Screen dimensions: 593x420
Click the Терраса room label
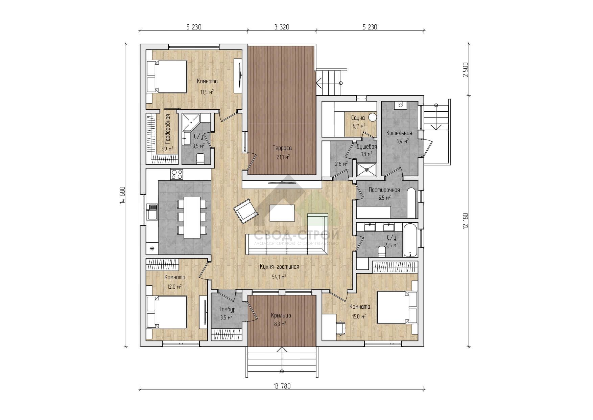coord(282,148)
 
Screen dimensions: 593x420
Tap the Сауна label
coord(358,118)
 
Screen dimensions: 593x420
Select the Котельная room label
coord(399,133)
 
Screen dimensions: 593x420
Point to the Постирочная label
coord(384,190)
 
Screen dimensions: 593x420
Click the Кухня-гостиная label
coord(279,267)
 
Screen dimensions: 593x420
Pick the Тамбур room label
coord(227,309)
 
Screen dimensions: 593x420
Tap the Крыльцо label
coord(281,315)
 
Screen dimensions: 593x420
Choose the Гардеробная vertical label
coord(168,129)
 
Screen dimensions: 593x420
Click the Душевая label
coord(366,147)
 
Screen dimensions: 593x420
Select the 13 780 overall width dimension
coord(282,386)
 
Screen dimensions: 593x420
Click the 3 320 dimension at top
coord(282,27)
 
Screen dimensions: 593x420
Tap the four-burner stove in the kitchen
coord(177,174)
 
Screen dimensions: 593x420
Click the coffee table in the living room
coord(282,213)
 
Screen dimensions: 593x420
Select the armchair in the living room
coord(245,211)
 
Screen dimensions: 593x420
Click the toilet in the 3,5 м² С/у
coord(200,158)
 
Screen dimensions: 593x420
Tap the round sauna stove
coord(372,117)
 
